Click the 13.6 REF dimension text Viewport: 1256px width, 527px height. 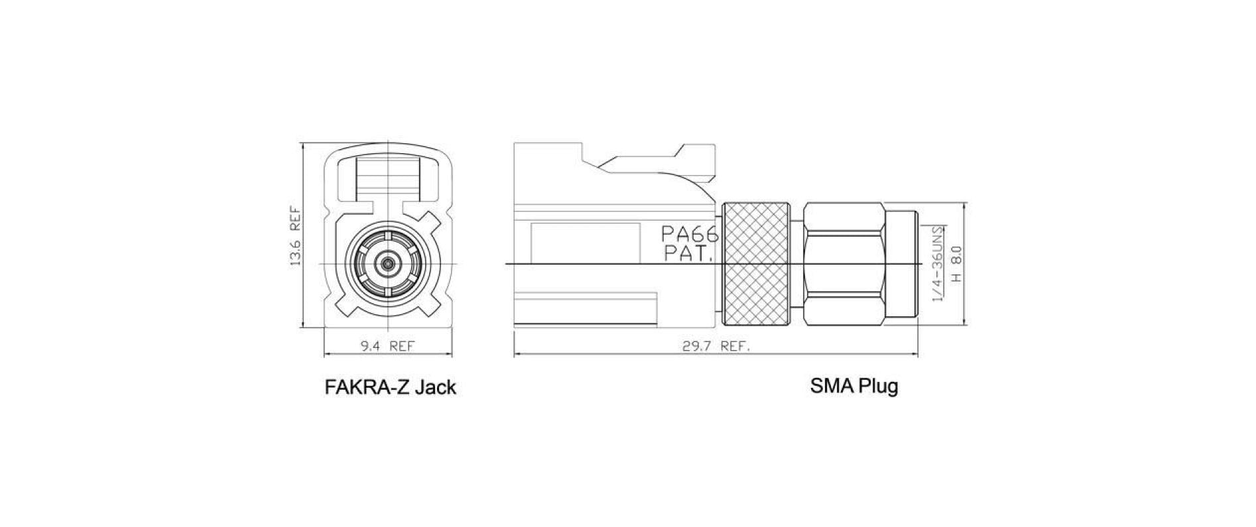click(x=296, y=237)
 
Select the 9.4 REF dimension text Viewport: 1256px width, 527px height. click(x=387, y=346)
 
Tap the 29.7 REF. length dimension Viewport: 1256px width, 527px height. click(x=716, y=346)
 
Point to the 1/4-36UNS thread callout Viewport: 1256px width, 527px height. click(x=938, y=263)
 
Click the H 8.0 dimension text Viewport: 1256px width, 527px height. click(x=956, y=263)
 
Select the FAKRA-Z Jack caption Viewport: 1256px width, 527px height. click(x=390, y=387)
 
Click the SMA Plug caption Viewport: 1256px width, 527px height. click(x=854, y=385)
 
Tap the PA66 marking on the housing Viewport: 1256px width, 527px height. click(x=690, y=234)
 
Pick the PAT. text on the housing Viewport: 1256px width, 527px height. click(x=688, y=253)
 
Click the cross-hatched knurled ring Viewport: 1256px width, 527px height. click(x=756, y=264)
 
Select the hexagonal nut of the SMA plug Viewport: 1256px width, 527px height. click(x=844, y=264)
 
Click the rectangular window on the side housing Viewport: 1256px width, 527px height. click(x=585, y=243)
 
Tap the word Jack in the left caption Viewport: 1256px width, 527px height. click(x=435, y=387)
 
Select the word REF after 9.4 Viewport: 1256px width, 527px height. click(x=402, y=346)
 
